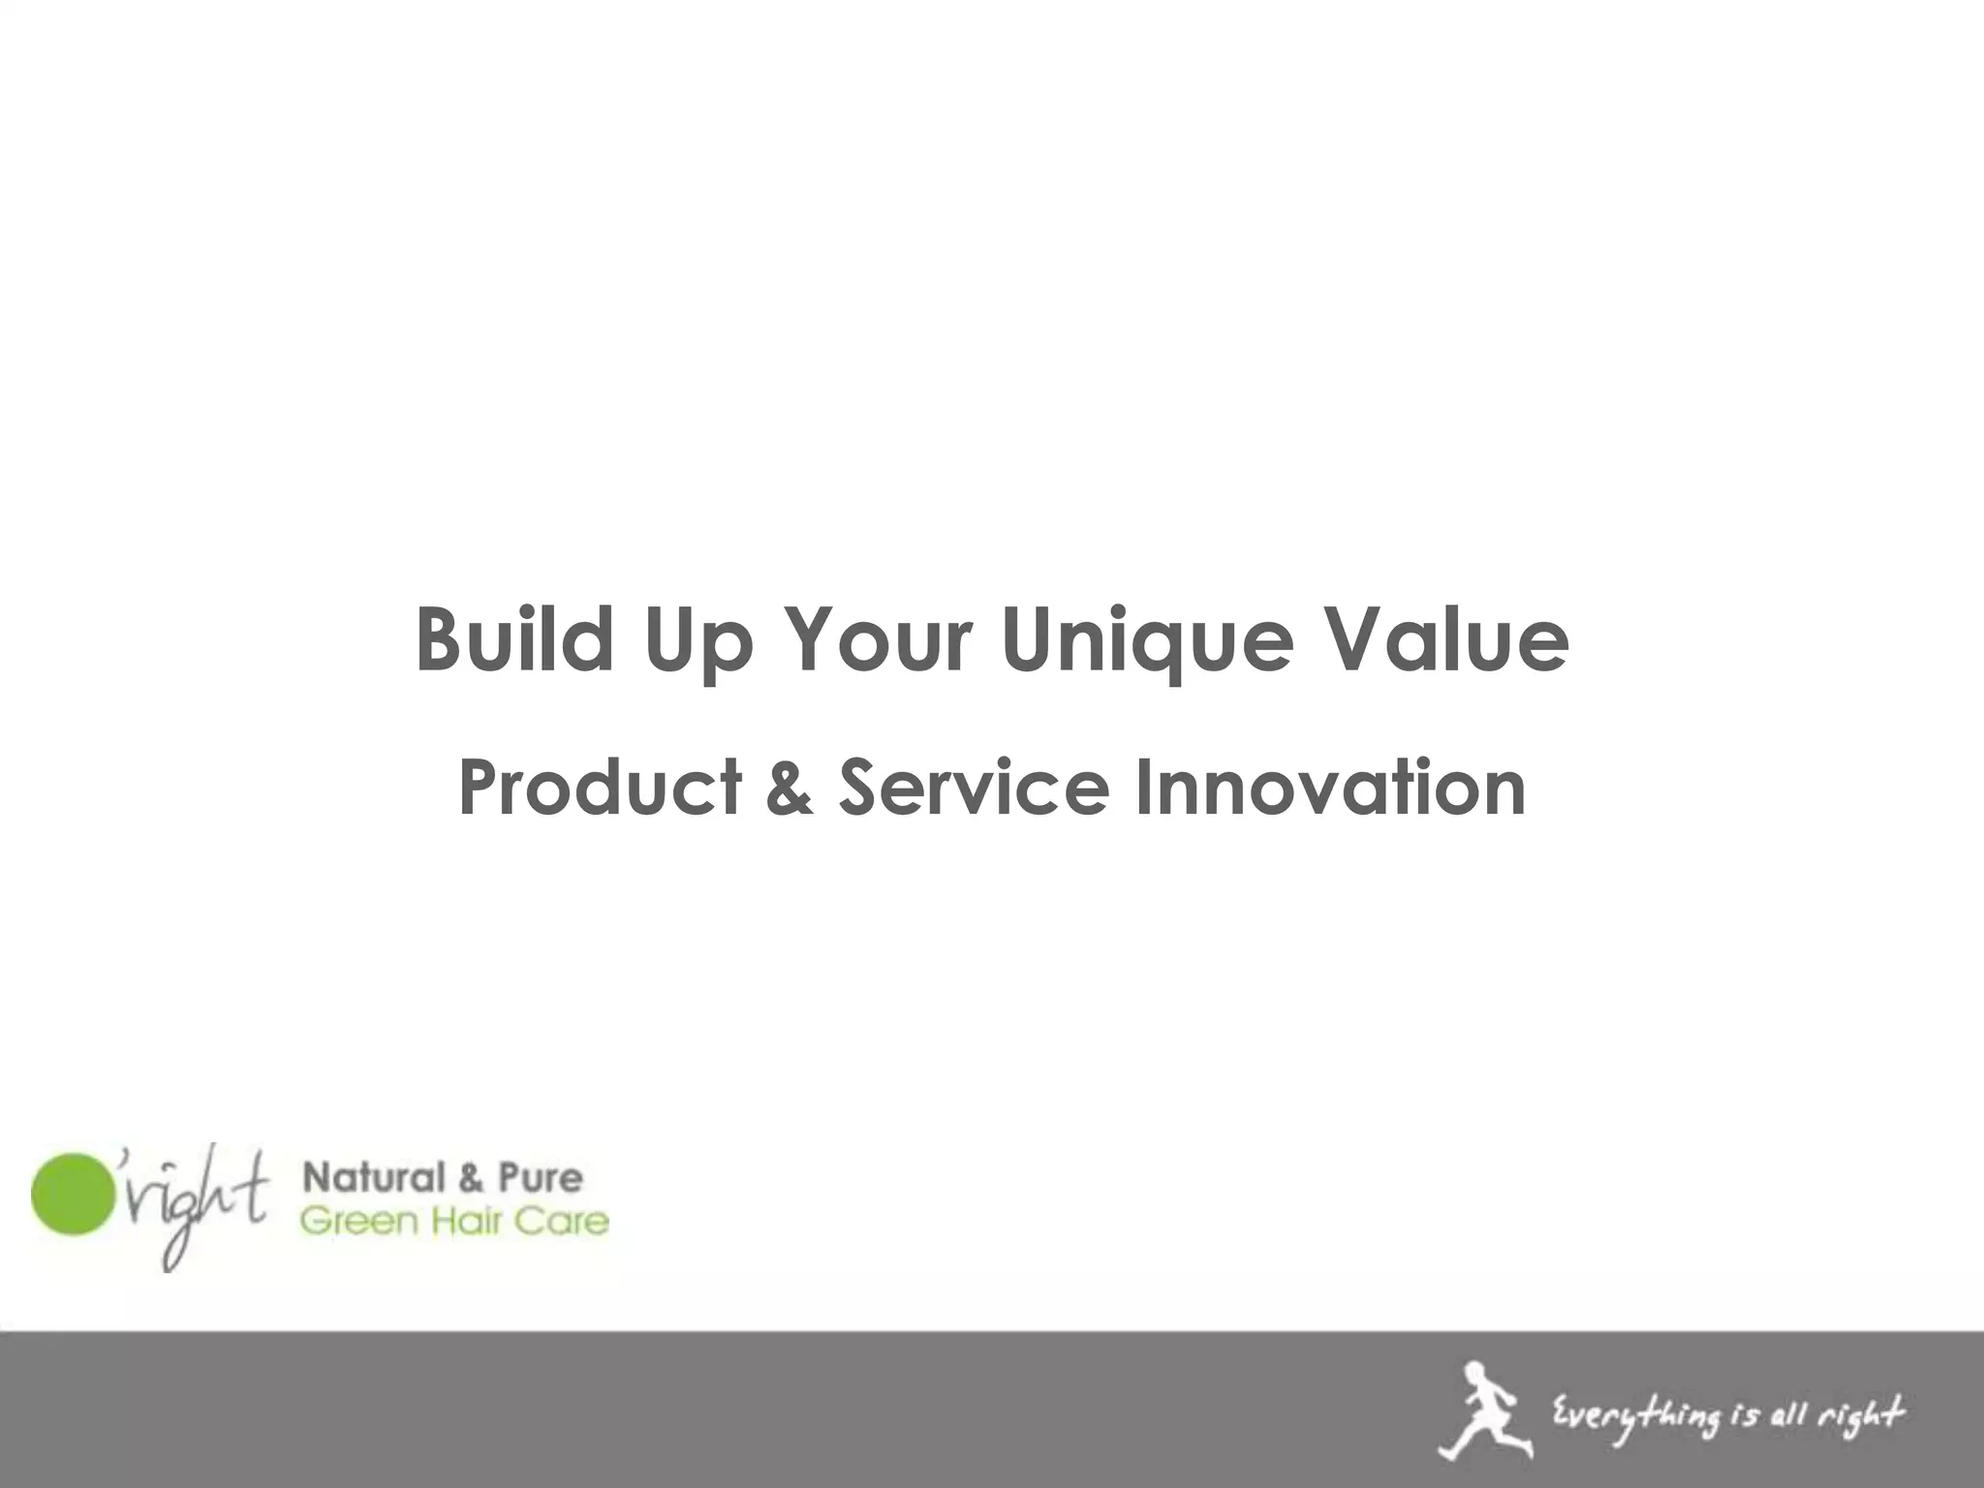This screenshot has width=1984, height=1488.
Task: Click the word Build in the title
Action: pyautogui.click(x=514, y=638)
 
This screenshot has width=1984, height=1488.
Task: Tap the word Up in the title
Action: pyautogui.click(x=697, y=641)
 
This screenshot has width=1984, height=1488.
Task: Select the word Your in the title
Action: pyautogui.click(x=879, y=638)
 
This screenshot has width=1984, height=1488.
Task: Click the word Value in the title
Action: pyautogui.click(x=1446, y=638)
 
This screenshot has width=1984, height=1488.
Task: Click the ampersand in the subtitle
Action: pyautogui.click(x=790, y=787)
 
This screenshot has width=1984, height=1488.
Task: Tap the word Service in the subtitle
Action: pyautogui.click(x=974, y=787)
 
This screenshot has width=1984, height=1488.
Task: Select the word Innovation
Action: pyautogui.click(x=1330, y=787)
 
